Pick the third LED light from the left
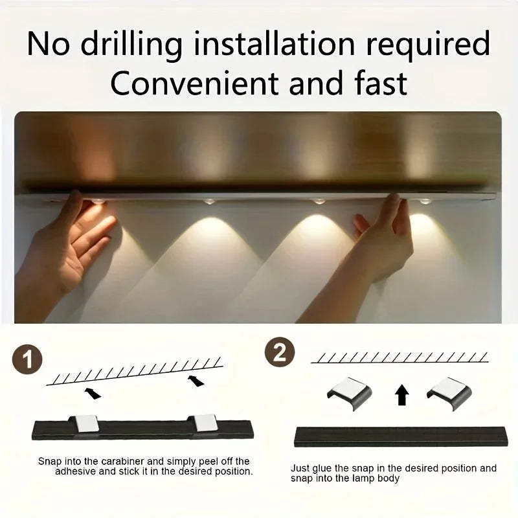(318, 202)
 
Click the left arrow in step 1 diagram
(94, 392)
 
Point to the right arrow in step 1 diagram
(195, 380)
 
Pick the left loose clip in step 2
(349, 392)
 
